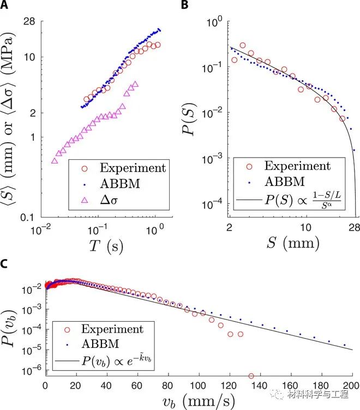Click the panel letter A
[4, 5]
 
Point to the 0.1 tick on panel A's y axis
[36, 218]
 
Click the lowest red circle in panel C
[250, 376]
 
